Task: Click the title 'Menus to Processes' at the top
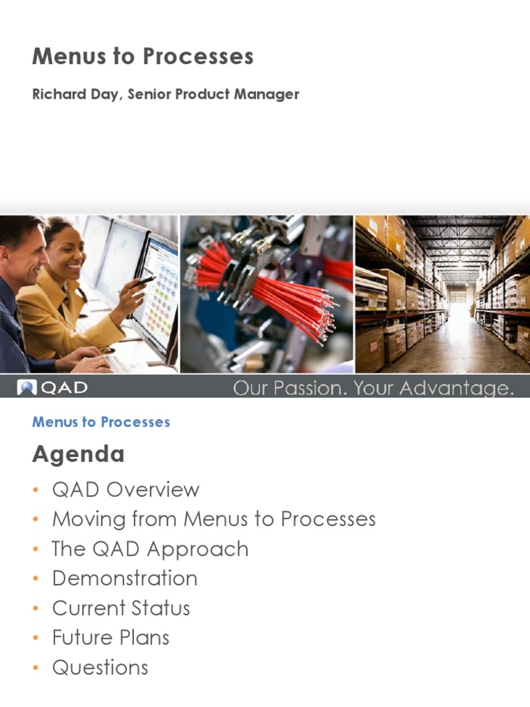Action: (x=143, y=57)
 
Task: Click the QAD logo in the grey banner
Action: (x=52, y=387)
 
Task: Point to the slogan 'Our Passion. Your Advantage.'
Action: (x=373, y=388)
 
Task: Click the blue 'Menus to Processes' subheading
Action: (x=101, y=422)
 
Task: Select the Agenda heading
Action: (x=78, y=454)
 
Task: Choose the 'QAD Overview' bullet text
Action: (x=126, y=490)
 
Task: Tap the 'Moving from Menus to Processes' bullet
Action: (x=214, y=519)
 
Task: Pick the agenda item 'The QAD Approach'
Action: (x=150, y=549)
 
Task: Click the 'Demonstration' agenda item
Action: (x=125, y=579)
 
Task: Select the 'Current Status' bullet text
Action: (x=121, y=608)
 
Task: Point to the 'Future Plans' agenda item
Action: (x=110, y=638)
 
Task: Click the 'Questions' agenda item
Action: (x=100, y=668)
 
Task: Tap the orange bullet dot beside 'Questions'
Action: (x=35, y=668)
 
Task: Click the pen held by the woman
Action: (x=145, y=280)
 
